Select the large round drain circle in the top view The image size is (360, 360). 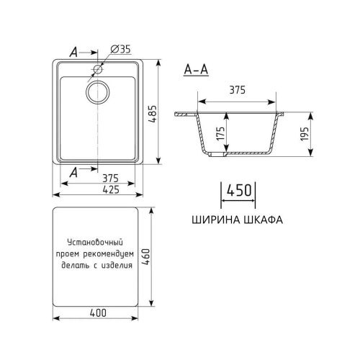(x=99, y=91)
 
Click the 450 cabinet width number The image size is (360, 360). (x=238, y=191)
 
